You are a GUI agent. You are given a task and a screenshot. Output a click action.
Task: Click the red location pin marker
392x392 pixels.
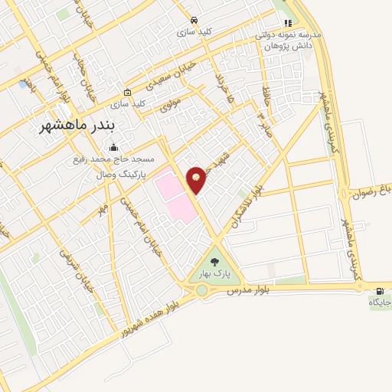[x=197, y=179]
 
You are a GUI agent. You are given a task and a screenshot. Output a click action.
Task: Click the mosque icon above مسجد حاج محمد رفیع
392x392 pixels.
[x=115, y=147]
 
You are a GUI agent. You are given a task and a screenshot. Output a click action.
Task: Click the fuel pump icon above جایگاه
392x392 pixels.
[x=380, y=291]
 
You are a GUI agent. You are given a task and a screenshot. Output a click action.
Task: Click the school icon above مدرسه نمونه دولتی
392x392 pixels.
[x=289, y=24]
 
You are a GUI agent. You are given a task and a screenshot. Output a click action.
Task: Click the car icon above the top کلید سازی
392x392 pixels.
[x=194, y=20]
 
